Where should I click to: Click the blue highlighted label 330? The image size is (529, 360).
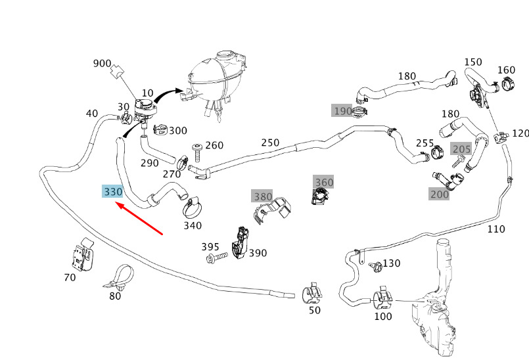(113, 192)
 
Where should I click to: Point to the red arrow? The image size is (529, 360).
(139, 219)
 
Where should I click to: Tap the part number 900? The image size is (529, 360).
(102, 64)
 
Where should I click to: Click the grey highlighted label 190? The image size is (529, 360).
(342, 111)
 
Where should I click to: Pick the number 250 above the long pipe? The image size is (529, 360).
(270, 143)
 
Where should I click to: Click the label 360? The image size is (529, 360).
(324, 182)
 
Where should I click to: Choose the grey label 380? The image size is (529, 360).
(263, 196)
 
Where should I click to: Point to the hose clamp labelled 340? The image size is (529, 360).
(192, 210)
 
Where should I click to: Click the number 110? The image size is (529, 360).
(496, 229)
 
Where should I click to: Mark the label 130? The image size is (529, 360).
(391, 263)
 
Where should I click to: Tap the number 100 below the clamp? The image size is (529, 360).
(382, 317)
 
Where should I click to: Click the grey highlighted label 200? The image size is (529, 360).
(439, 194)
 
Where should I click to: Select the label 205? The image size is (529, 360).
(461, 149)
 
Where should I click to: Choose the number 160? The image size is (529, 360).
(506, 70)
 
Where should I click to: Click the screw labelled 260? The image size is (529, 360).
(196, 152)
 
